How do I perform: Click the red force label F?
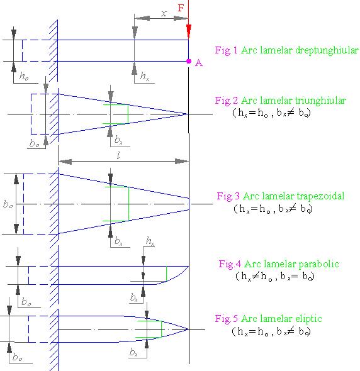click(x=181, y=8)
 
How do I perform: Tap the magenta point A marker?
click(x=189, y=61)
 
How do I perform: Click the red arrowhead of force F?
click(x=189, y=31)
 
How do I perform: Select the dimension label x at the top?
click(x=164, y=13)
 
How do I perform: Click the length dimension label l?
click(x=118, y=155)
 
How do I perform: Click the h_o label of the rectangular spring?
click(x=24, y=76)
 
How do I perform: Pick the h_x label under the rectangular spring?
click(x=145, y=76)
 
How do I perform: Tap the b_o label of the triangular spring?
click(x=35, y=143)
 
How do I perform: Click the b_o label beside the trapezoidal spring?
click(x=8, y=204)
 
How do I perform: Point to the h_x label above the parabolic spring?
click(x=150, y=241)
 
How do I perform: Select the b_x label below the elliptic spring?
click(x=133, y=352)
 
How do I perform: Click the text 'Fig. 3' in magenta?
click(x=228, y=196)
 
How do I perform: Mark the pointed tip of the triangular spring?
click(x=188, y=114)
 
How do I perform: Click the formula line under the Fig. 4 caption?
click(x=275, y=276)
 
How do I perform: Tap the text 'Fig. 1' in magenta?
click(x=226, y=50)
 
